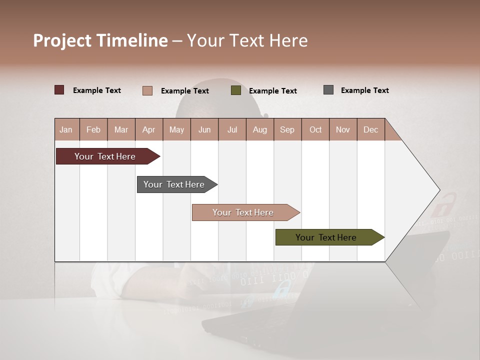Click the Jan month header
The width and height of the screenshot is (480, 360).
click(x=66, y=129)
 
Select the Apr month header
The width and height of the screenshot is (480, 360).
click(x=149, y=129)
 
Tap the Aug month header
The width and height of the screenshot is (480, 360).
click(x=260, y=129)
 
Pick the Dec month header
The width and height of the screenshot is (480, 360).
click(x=370, y=129)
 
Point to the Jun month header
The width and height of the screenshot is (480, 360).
click(x=204, y=129)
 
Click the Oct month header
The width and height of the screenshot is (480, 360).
click(x=315, y=129)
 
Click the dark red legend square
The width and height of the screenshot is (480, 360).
click(x=59, y=90)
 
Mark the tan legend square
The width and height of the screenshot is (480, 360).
click(x=147, y=90)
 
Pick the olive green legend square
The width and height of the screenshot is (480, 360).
click(x=236, y=90)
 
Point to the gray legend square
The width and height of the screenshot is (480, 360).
click(x=328, y=90)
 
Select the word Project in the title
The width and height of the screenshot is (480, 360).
click(x=62, y=40)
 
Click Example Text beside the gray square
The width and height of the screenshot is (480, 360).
click(x=364, y=90)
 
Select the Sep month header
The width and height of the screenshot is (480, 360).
click(x=287, y=129)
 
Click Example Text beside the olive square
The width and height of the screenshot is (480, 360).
click(x=272, y=91)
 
